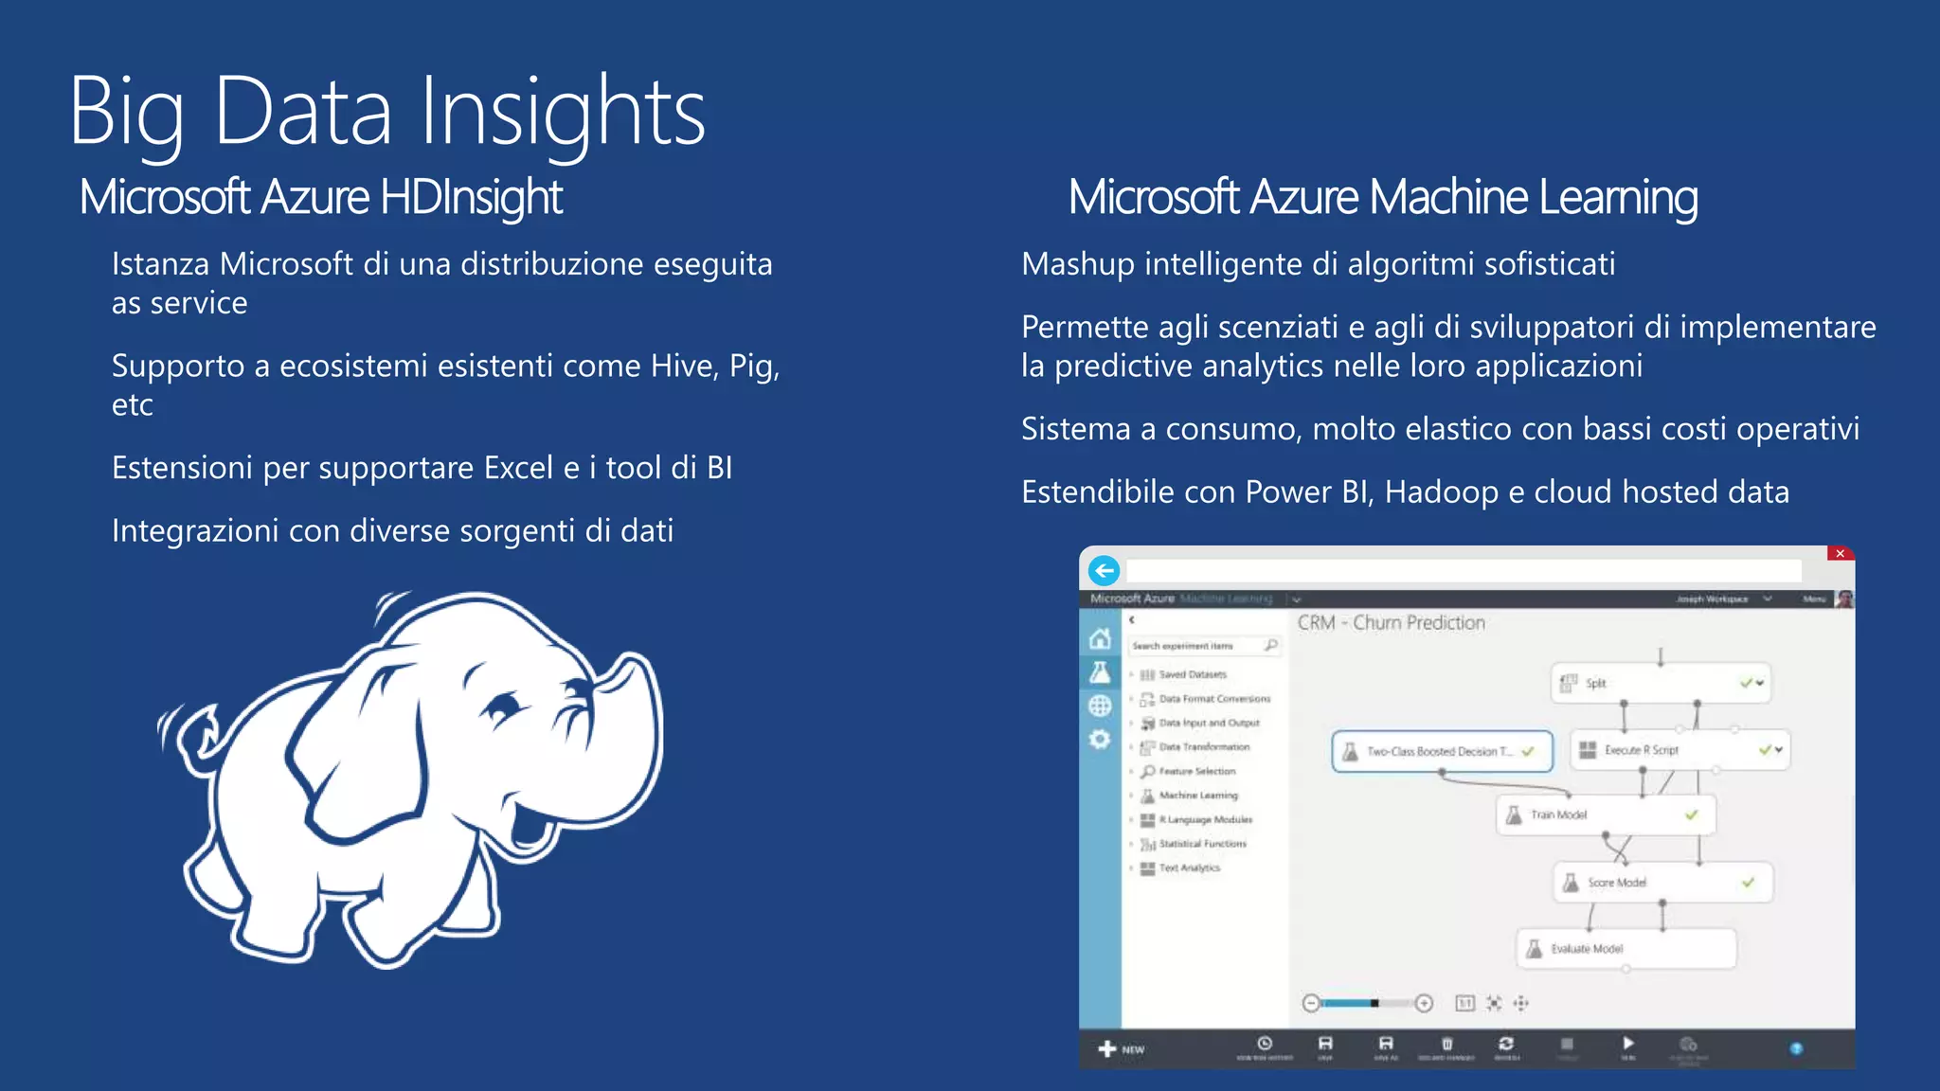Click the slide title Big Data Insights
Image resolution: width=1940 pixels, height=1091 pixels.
pyautogui.click(x=386, y=112)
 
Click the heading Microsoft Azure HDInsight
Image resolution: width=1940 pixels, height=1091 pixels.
pyautogui.click(x=321, y=198)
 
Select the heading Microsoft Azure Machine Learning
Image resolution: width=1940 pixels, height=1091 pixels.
pyautogui.click(x=1382, y=198)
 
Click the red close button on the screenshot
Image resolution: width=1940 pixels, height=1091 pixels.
pyautogui.click(x=1840, y=554)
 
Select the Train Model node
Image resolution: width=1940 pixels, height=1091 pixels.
pyautogui.click(x=1606, y=814)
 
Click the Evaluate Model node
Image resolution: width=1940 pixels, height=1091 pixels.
pyautogui.click(x=1626, y=949)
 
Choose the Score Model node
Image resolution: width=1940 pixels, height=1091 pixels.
pyautogui.click(x=1662, y=883)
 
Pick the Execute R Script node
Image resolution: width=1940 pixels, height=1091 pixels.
pyautogui.click(x=1679, y=750)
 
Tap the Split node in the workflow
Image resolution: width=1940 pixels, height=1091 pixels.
pyautogui.click(x=1660, y=683)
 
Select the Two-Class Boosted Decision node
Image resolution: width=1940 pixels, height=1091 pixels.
pyautogui.click(x=1441, y=752)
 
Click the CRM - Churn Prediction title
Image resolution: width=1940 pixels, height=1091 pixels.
pyautogui.click(x=1391, y=623)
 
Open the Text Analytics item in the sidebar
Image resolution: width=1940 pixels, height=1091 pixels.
pyautogui.click(x=1189, y=868)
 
